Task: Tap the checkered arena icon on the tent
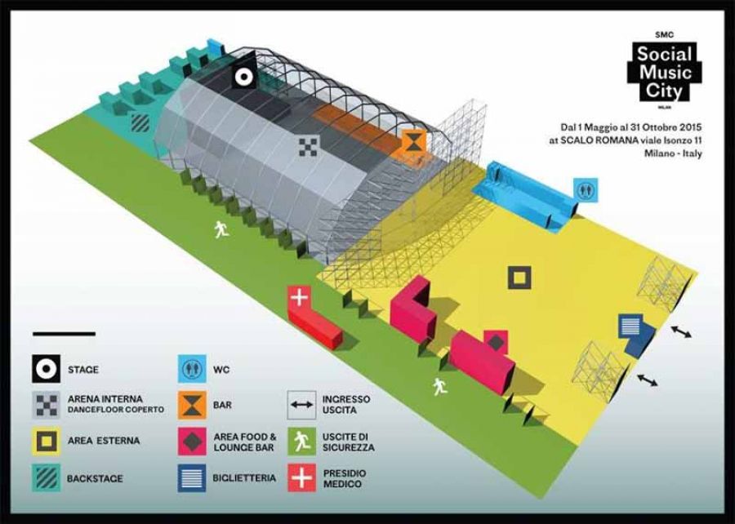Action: point(310,146)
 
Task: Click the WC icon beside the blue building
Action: point(586,190)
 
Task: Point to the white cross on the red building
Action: point(299,297)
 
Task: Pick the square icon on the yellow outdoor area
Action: point(519,278)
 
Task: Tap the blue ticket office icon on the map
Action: point(630,326)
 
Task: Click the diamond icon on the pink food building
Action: point(496,342)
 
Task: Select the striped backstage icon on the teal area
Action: point(140,123)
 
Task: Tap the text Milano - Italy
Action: point(673,153)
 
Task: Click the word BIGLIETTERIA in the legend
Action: point(244,478)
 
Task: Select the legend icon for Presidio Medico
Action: point(302,477)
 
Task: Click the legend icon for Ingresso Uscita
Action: point(302,405)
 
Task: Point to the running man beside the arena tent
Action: point(221,229)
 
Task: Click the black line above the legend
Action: point(65,334)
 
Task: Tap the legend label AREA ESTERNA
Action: point(104,441)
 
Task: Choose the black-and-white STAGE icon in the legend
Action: point(46,369)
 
